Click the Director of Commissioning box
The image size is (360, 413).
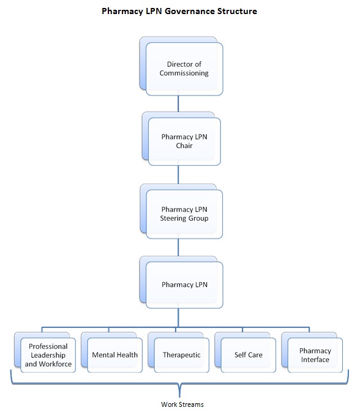(181, 66)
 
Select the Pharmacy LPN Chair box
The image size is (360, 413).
(181, 138)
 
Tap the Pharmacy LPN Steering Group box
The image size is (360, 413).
(181, 211)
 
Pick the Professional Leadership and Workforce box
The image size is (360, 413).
(45, 352)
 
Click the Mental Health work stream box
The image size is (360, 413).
(112, 352)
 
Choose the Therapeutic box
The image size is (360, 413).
(179, 352)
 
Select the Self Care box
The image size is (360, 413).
(246, 352)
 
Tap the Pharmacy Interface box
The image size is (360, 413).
(312, 352)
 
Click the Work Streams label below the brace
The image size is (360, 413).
(182, 404)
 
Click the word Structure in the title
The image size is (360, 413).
(237, 11)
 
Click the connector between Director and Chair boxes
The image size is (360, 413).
(178, 103)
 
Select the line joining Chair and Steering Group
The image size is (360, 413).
(178, 174)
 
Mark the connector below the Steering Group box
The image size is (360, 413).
(178, 247)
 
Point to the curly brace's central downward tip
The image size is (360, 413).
(180, 396)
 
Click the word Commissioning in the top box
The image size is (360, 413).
(184, 73)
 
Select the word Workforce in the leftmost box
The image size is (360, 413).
(55, 364)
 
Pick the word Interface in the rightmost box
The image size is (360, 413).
(315, 360)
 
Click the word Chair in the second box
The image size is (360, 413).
(184, 146)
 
